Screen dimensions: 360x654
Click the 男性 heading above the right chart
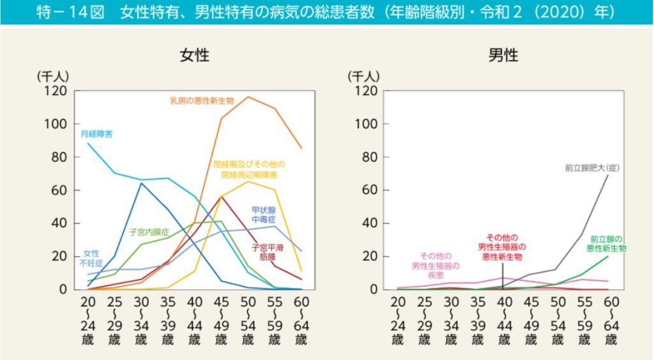click(503, 55)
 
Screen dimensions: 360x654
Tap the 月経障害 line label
click(97, 134)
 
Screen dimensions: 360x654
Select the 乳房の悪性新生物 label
click(202, 100)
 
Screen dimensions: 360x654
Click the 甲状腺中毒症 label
click(263, 214)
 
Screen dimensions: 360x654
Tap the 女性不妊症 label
click(92, 259)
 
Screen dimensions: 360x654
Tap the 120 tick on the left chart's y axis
click(56, 91)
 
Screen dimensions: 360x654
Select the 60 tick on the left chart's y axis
click(59, 190)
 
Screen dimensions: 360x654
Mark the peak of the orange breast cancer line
click(248, 97)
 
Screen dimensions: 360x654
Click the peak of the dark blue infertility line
click(141, 183)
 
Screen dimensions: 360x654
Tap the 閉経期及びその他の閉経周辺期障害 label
click(250, 169)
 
